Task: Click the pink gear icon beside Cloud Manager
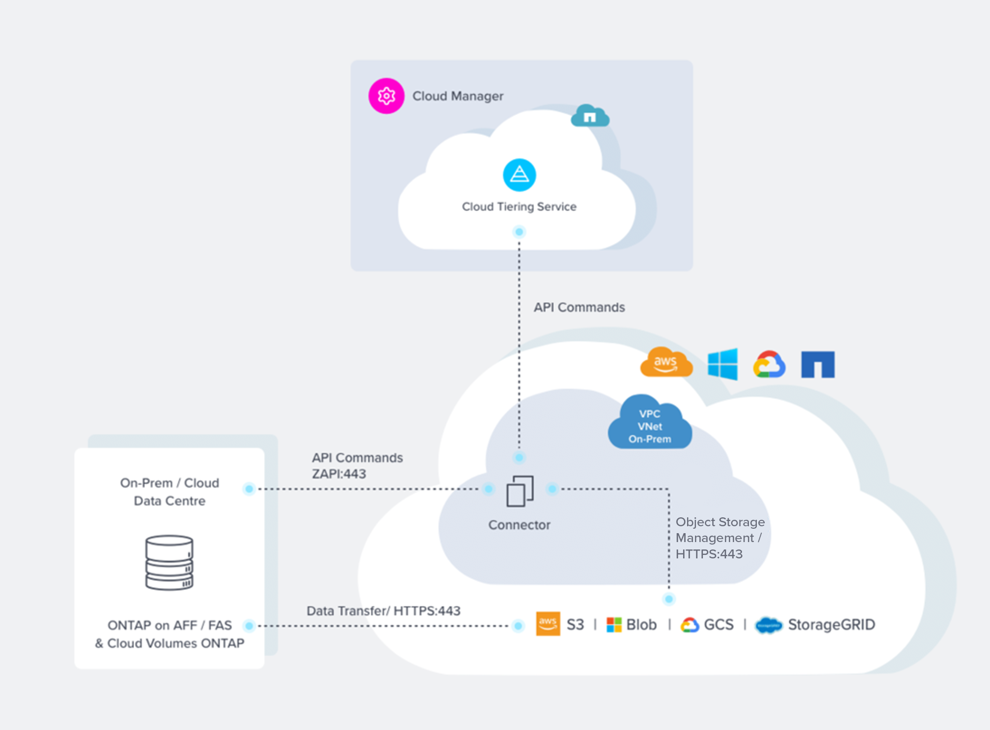point(386,96)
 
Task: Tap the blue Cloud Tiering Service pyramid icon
point(519,175)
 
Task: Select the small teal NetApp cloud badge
point(590,116)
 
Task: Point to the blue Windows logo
point(723,364)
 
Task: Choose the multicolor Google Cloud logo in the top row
point(769,365)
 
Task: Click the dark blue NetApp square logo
point(818,365)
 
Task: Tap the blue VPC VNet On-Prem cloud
point(649,425)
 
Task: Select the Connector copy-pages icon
point(520,491)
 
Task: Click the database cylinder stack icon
point(169,562)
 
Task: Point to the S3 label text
point(575,625)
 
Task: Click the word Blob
point(642,625)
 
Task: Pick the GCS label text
point(719,625)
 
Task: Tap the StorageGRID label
point(831,625)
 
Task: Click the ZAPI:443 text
point(339,474)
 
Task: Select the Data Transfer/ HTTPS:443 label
point(383,611)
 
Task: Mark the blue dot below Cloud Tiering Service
point(519,231)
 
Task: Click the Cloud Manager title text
point(458,96)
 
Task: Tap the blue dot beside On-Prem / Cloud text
point(249,489)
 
